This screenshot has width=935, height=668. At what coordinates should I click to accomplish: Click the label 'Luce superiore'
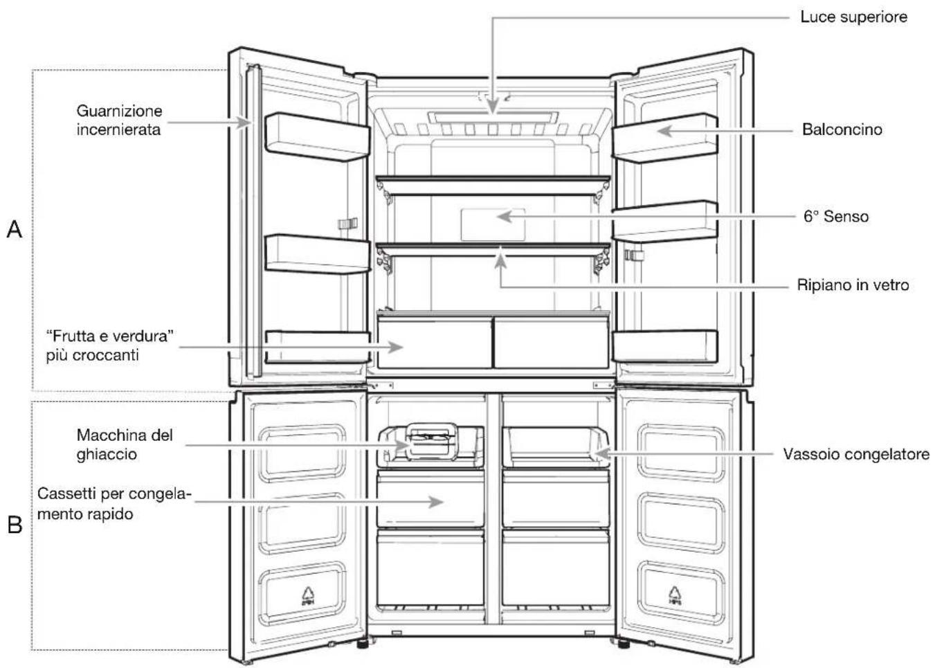(x=853, y=17)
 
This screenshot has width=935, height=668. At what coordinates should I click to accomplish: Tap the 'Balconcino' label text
(x=842, y=129)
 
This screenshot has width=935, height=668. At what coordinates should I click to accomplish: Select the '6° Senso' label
(x=836, y=216)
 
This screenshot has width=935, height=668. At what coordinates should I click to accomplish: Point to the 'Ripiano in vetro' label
(x=853, y=285)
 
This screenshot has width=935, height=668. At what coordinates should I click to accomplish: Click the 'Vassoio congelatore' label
(x=856, y=454)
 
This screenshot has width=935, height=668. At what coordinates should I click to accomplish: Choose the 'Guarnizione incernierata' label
(x=119, y=120)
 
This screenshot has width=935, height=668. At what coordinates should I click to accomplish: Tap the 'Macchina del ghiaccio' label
(x=125, y=444)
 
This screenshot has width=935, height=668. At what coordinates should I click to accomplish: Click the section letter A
(x=15, y=230)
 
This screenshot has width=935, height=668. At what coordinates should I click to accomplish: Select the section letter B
(x=15, y=525)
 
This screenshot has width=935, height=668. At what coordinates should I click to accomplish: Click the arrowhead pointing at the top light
(x=493, y=107)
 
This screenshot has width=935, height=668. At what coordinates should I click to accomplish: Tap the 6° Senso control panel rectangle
(x=493, y=224)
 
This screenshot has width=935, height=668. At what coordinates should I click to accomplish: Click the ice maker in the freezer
(x=432, y=442)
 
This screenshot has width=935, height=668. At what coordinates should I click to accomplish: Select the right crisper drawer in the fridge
(x=551, y=343)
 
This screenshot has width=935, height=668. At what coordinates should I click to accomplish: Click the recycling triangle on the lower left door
(x=308, y=596)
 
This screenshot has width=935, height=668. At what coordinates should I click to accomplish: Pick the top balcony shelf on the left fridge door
(x=317, y=137)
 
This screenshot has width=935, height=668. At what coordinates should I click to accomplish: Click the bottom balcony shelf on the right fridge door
(x=665, y=346)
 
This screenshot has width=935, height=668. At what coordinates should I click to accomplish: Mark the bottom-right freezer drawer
(x=556, y=568)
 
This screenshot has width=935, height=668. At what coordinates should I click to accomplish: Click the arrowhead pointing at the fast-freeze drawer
(x=436, y=502)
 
